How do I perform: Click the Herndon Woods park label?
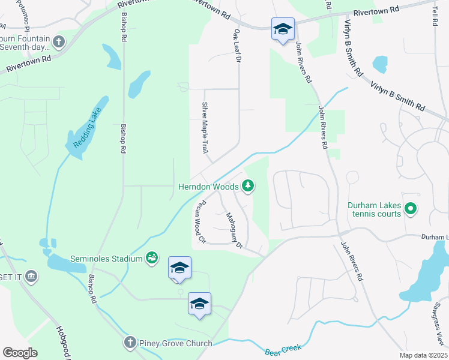(208, 187)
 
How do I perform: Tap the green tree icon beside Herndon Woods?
(247, 187)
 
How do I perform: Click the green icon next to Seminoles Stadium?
(152, 258)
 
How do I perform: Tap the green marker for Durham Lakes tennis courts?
(411, 209)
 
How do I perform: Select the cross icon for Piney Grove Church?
(130, 343)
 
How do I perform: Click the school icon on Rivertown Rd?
(282, 29)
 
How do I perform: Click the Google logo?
(20, 353)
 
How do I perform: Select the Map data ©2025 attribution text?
(423, 355)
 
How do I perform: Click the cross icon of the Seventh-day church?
(58, 41)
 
